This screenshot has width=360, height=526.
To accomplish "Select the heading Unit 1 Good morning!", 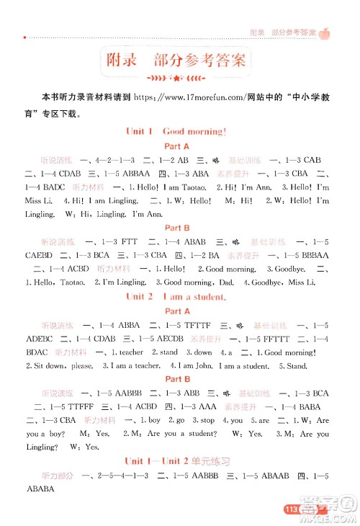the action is click(176, 132).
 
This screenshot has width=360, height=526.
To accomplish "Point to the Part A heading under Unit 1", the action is click(176, 146).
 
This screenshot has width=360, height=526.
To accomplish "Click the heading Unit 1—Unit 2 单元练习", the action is click(176, 461).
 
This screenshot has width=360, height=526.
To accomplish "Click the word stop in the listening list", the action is click(207, 420).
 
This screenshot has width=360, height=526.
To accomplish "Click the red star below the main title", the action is click(176, 77).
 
